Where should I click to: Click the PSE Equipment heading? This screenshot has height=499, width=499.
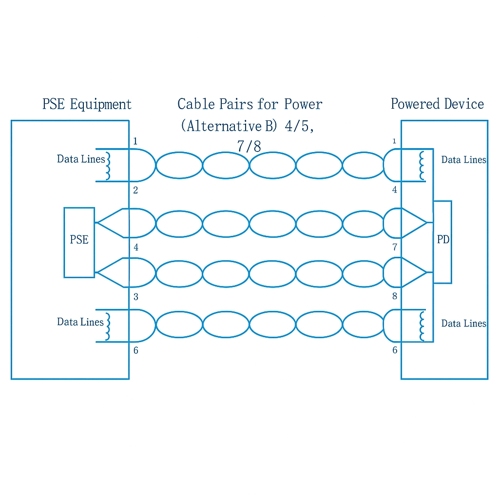(x=87, y=104)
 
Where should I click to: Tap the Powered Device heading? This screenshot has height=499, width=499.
(x=437, y=104)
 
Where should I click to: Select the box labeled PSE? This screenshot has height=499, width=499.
(x=79, y=242)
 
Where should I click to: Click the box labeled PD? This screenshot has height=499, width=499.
(x=442, y=241)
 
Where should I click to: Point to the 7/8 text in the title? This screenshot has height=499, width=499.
(x=249, y=146)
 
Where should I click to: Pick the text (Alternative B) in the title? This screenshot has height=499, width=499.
(x=228, y=126)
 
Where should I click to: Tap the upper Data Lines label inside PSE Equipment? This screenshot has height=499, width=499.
(x=80, y=159)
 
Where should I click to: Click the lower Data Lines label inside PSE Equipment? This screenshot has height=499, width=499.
(x=80, y=322)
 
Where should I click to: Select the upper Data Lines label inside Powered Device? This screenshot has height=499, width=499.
(x=463, y=160)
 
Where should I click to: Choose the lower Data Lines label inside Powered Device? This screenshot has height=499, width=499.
(x=463, y=324)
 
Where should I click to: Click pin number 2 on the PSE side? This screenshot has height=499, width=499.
(x=135, y=191)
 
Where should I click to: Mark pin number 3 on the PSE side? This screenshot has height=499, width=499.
(x=135, y=297)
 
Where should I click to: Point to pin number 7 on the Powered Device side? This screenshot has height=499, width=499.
(x=395, y=248)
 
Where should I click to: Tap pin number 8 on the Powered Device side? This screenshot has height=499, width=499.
(x=395, y=296)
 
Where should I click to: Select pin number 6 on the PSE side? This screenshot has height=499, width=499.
(x=135, y=350)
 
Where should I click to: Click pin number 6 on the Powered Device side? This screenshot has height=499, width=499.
(x=395, y=350)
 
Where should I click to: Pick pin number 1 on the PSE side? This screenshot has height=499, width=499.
(x=135, y=142)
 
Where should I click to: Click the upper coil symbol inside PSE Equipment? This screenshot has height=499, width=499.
(x=109, y=166)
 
